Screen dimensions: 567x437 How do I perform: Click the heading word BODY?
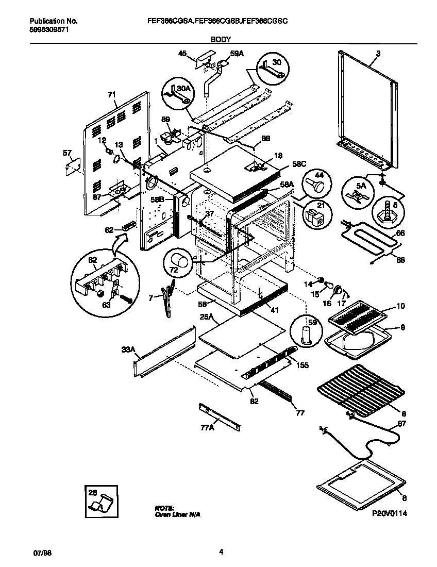(221, 39)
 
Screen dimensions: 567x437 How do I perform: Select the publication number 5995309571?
(49, 29)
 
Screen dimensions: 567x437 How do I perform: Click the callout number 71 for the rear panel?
(111, 95)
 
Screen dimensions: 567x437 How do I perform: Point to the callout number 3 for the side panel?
(378, 54)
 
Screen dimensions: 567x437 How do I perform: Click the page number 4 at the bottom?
(221, 552)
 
